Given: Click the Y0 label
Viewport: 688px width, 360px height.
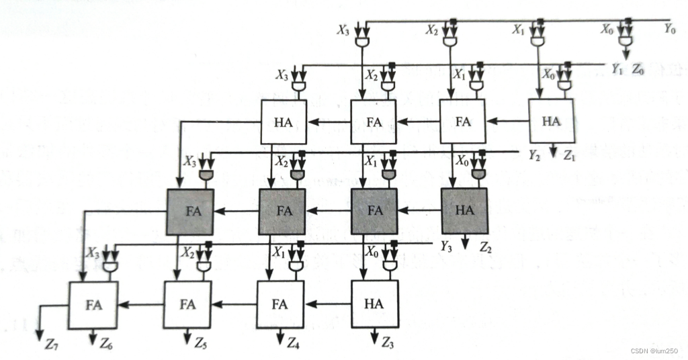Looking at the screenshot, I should click(x=669, y=28).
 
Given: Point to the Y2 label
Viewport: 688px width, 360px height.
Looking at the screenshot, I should click(x=535, y=156).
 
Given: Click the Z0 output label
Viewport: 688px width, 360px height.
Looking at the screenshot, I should click(x=638, y=69).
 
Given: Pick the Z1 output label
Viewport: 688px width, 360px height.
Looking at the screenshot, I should click(x=570, y=156).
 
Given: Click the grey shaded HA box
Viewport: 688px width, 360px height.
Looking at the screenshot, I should click(x=464, y=210).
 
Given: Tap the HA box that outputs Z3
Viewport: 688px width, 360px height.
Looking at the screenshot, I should click(x=375, y=304).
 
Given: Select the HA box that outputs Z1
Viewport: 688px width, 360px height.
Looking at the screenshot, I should click(x=551, y=122).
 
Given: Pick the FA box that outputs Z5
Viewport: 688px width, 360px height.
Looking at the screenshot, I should click(x=187, y=304).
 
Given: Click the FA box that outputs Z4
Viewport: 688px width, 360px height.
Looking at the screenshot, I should click(x=280, y=304).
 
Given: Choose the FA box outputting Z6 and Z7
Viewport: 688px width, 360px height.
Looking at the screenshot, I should click(x=93, y=304).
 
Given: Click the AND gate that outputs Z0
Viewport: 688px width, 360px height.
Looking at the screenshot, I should click(x=626, y=42).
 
